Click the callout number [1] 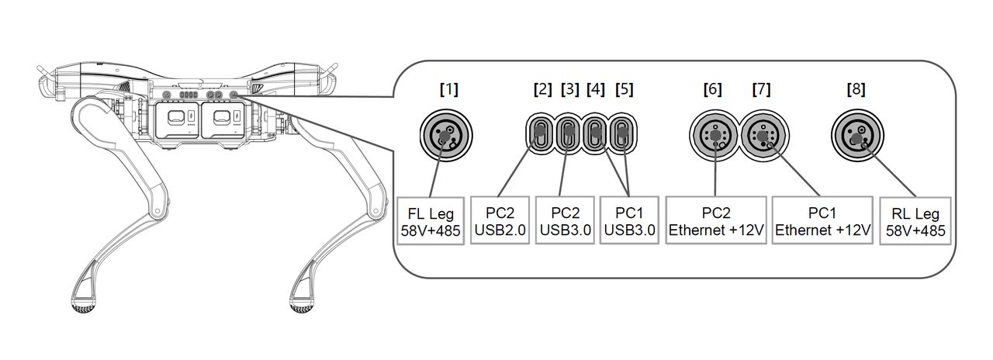point(448,89)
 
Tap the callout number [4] point(595,89)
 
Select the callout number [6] point(712,89)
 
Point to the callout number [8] point(856,89)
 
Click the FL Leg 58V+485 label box point(431,221)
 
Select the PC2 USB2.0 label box point(500,220)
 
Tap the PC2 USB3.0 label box point(566,220)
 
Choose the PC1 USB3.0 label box point(629,220)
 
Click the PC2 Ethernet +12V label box point(716,220)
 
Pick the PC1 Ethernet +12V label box point(822,220)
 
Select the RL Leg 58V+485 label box point(915,221)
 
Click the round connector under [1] point(446,135)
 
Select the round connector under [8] point(857,135)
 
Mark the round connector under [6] point(714,136)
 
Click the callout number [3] point(570,89)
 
